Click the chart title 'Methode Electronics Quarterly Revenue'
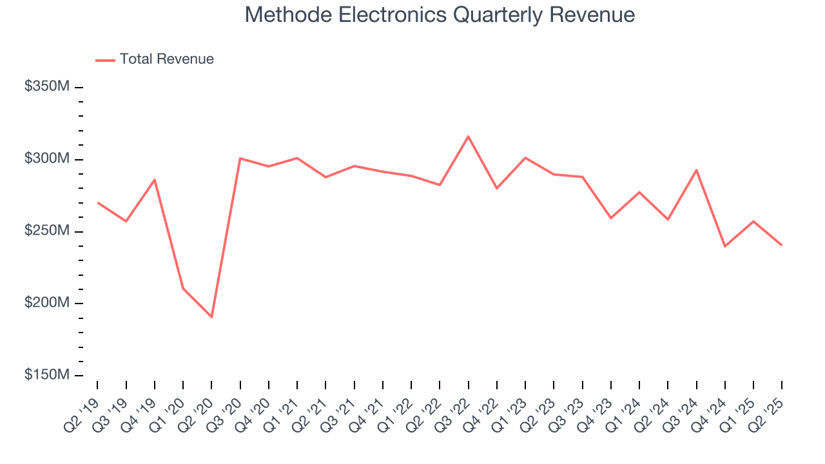(x=440, y=15)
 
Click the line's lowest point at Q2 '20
(x=211, y=317)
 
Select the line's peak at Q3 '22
(x=468, y=136)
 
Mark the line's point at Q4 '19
(x=155, y=180)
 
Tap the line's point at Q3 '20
(x=240, y=158)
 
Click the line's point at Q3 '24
(x=696, y=170)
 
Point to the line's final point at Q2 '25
(x=782, y=245)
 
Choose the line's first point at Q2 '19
(x=97, y=202)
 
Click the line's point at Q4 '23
(x=611, y=218)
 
